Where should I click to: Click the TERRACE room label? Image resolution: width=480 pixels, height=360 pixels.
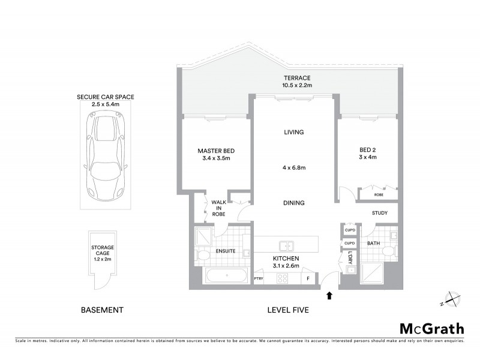point(298,78)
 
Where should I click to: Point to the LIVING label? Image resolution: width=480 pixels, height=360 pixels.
point(294,132)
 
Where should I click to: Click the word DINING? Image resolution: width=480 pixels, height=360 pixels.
point(294,203)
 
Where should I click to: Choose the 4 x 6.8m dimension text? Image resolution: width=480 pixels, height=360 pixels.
point(294,168)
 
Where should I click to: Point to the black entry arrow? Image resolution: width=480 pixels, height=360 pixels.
point(328,295)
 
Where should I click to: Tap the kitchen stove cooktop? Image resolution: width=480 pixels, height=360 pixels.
point(281,278)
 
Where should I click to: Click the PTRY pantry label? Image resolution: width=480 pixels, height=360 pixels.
point(259,278)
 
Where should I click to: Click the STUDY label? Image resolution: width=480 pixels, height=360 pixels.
point(379,212)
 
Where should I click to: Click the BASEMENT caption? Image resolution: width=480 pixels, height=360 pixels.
point(102,310)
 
